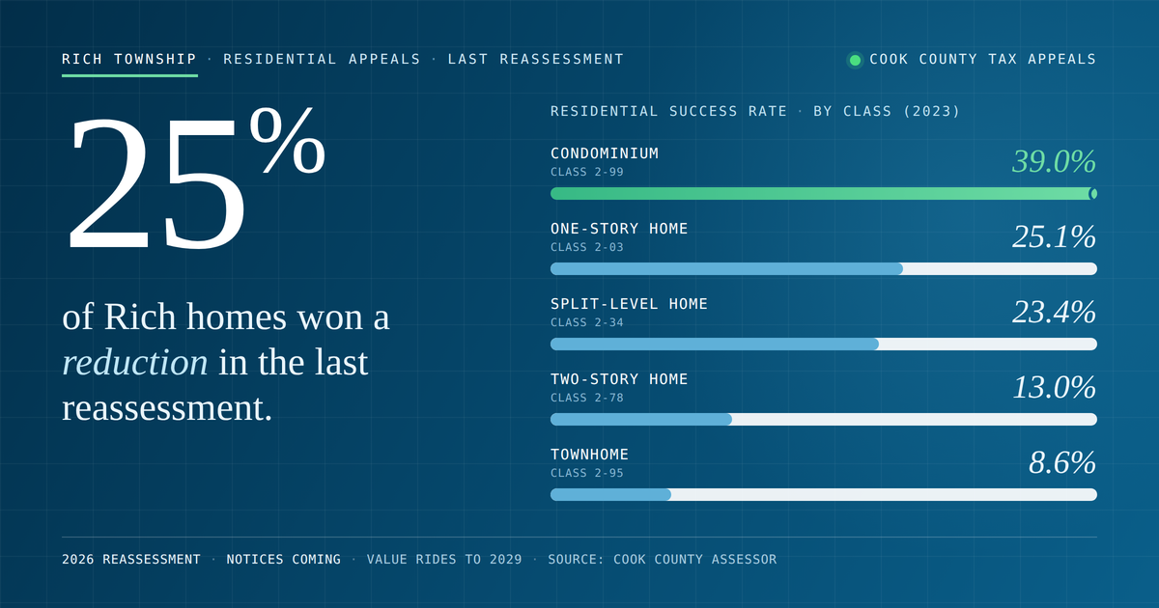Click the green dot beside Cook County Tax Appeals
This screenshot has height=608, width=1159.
856,60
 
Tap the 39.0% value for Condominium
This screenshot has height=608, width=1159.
1054,161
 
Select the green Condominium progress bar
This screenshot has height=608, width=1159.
824,193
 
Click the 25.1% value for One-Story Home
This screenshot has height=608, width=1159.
1054,236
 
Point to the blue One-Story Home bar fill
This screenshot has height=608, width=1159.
727,269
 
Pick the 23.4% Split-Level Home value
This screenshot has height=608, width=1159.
1054,312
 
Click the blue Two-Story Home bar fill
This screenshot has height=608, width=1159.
641,419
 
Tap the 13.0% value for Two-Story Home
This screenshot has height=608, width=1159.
1054,387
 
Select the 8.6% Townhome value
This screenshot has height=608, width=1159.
1061,462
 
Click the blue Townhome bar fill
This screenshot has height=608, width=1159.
611,495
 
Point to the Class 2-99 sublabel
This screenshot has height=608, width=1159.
587,172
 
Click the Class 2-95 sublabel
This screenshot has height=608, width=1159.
587,473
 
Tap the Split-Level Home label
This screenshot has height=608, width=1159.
629,303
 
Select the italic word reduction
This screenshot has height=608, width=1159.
135,362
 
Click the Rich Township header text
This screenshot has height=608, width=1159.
129,59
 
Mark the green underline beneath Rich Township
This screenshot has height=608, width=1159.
129,75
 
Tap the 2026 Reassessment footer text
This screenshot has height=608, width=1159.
131,560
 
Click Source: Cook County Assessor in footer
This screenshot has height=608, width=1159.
663,560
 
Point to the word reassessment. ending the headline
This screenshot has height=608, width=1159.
167,408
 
